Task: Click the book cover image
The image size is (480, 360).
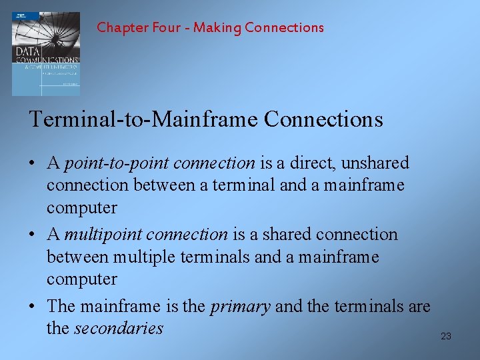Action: [45, 53]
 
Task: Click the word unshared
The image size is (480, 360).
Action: [381, 163]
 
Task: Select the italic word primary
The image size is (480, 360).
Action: [240, 306]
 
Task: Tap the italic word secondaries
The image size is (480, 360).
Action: [119, 328]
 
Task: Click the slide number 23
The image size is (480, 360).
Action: [446, 336]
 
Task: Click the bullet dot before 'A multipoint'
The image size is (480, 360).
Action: [33, 235]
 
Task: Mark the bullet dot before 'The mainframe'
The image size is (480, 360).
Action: [33, 307]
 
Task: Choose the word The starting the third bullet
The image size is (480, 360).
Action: [61, 306]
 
